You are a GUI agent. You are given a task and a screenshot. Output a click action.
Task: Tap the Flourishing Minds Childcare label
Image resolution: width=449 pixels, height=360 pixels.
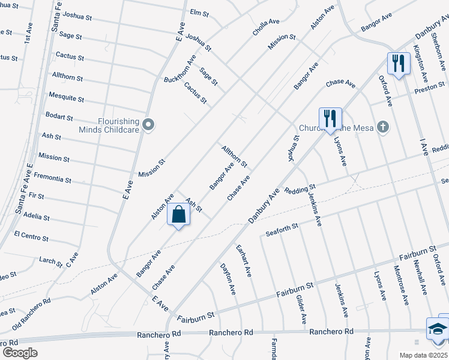point(109,124)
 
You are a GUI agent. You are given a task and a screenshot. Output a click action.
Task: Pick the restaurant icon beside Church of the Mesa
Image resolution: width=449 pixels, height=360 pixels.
point(330,119)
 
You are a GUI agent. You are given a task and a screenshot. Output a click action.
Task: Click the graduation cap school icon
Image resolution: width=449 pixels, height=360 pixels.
point(437,329)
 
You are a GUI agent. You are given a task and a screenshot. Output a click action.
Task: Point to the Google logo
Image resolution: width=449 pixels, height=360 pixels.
point(19,353)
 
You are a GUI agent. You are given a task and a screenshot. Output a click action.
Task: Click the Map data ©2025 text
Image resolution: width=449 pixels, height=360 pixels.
point(424,355)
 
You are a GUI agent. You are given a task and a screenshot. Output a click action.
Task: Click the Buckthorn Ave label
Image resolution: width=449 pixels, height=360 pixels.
point(180,70)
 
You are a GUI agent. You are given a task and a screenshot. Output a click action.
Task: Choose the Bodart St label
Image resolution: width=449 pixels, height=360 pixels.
point(59,116)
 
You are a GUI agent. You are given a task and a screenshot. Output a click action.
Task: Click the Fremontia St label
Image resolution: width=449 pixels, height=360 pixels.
point(53,178)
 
